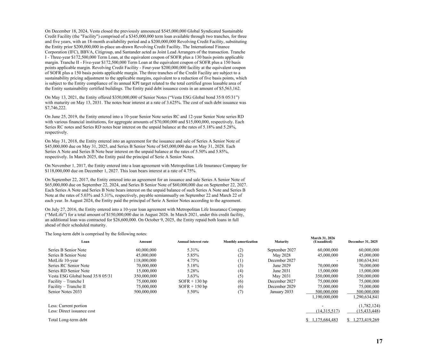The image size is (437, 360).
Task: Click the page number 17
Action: tap(379, 341)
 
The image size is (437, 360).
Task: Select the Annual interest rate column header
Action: tap(193, 241)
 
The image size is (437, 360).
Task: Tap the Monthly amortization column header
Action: tap(240, 241)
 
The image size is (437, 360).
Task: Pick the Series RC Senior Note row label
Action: tap(69, 266)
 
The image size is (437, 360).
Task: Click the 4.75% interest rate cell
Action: tap(193, 260)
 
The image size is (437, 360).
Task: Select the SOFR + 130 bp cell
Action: tap(193, 281)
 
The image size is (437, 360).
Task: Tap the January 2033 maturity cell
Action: tap(281, 292)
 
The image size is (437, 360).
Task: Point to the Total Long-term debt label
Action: tap(68, 320)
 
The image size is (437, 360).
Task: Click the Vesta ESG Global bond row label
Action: tap(80, 276)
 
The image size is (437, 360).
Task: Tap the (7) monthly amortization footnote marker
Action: tap(240, 292)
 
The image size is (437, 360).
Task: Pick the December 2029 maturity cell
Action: tap(281, 286)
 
